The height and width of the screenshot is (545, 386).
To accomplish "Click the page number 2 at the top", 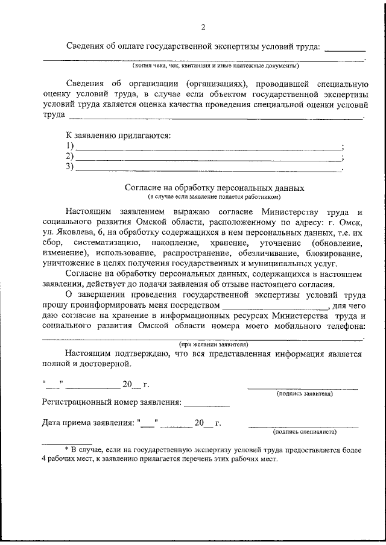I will [203, 27].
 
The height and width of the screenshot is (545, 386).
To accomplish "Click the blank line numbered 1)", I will [208, 149].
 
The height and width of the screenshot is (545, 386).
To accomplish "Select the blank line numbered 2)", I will [208, 159].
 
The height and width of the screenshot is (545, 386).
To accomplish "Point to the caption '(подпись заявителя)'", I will [305, 393].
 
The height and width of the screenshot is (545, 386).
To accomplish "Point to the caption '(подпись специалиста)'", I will [305, 431].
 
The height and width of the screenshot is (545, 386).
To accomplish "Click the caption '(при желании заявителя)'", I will [203, 344].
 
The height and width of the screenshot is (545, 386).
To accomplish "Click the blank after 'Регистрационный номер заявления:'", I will [206, 404].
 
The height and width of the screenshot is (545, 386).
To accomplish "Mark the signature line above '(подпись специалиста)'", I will [303, 426].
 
